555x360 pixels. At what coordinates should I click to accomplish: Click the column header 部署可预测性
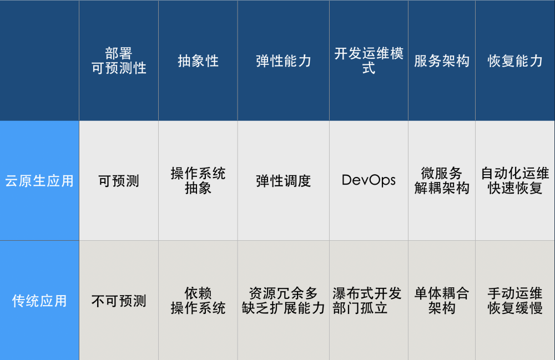(119, 61)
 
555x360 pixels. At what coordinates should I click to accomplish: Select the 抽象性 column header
(198, 61)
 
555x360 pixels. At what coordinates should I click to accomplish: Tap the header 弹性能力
(284, 61)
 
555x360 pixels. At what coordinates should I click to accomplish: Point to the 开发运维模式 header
(369, 61)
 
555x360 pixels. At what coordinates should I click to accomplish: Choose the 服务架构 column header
(442, 61)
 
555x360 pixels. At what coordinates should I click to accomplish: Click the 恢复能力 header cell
(515, 61)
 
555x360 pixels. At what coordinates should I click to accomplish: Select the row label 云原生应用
(39, 181)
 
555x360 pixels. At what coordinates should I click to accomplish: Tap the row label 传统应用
(39, 301)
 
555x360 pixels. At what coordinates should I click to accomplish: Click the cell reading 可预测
(119, 181)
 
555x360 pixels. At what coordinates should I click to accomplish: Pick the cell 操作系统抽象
(198, 181)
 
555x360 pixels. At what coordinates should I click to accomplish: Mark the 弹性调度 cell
(284, 181)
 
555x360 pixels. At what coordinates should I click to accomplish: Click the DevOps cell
(369, 180)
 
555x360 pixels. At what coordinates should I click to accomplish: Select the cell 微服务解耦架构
(442, 181)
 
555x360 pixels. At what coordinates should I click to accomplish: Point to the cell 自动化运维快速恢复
(515, 181)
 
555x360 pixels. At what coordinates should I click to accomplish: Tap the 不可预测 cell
(119, 301)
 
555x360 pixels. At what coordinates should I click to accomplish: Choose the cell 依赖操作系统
(198, 301)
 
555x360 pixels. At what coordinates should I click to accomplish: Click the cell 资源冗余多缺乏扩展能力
(284, 301)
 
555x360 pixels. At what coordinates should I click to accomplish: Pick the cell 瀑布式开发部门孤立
(369, 301)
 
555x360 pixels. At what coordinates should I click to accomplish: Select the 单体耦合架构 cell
(442, 301)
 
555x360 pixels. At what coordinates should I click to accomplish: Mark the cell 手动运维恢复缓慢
(515, 301)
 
